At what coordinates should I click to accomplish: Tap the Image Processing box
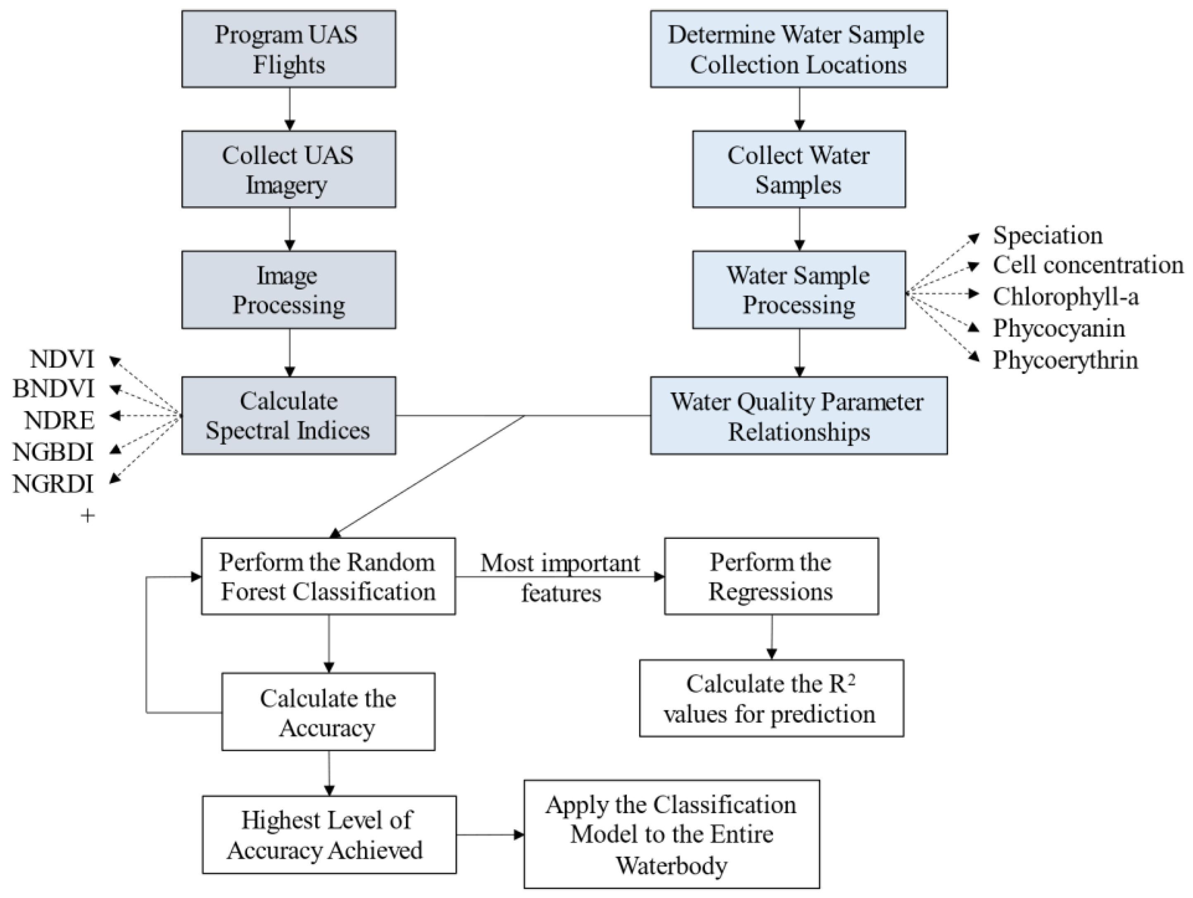coord(288,290)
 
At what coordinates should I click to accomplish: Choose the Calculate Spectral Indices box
coord(288,415)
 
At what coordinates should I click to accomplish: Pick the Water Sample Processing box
coord(799,290)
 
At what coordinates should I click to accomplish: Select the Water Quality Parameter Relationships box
coord(799,415)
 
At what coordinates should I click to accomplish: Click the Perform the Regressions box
coord(771,576)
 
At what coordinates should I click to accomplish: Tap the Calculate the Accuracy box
coord(328,711)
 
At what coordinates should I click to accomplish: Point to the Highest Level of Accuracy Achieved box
coord(329,834)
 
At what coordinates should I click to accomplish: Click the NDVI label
coord(62,359)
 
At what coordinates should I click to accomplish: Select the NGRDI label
coord(53,484)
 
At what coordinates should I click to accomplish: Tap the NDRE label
coord(60,421)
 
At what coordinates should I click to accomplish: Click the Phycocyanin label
coord(1059,329)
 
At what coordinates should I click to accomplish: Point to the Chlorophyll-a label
coord(1066,297)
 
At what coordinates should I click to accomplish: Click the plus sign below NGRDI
coord(87,516)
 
